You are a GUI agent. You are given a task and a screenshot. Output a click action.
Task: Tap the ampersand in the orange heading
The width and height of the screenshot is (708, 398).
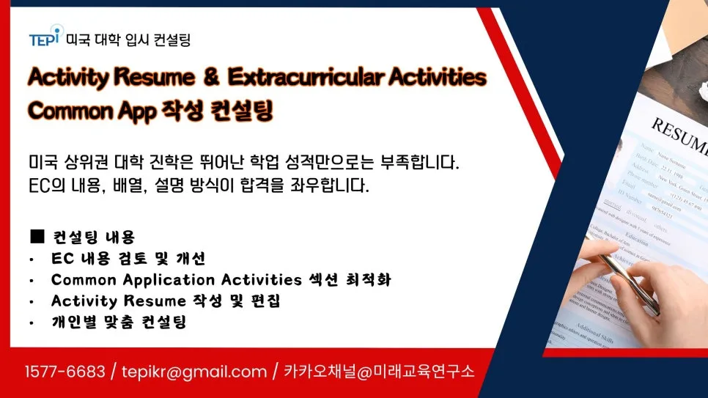[x=212, y=77]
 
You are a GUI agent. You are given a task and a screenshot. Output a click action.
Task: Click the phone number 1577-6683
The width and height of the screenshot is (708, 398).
[x=65, y=372]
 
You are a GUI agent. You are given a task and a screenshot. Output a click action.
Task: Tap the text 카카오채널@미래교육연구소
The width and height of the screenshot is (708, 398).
[x=379, y=372]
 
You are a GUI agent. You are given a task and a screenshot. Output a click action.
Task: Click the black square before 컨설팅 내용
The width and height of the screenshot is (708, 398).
[x=37, y=237]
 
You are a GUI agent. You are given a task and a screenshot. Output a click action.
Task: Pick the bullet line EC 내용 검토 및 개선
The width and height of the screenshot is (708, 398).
[x=128, y=259]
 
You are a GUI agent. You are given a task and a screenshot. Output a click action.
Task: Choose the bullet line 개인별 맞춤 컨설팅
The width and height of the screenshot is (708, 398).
[x=119, y=323]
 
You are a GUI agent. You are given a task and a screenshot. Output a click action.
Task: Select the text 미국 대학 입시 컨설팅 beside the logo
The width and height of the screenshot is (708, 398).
[x=128, y=39]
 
